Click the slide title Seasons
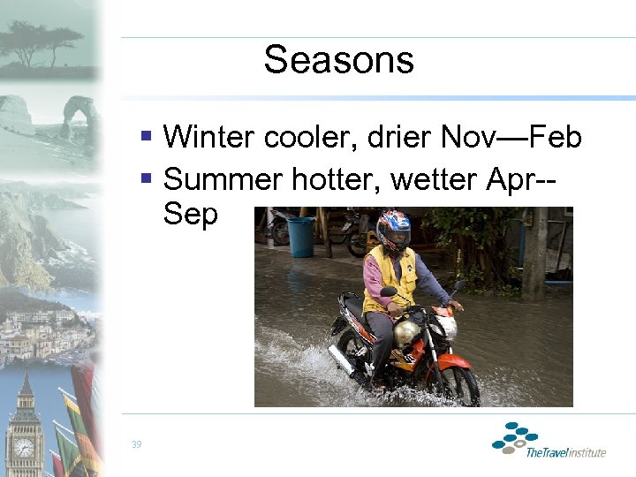pos(338,60)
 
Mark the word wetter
pos(434,179)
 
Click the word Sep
pos(190,214)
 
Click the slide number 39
pos(136,444)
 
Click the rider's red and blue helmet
pos(393,229)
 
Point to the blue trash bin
pos(300,237)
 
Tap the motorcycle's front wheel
pos(458,384)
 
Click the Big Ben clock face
pos(24,447)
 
